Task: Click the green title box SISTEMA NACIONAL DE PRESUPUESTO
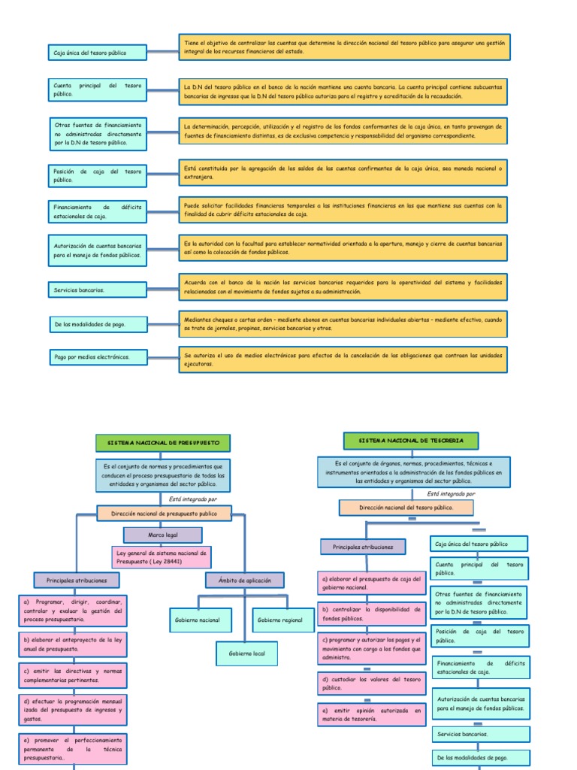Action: [x=162, y=443]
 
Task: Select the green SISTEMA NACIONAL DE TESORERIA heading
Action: [x=411, y=441]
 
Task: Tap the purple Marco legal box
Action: [x=163, y=535]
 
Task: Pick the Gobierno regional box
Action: [x=279, y=620]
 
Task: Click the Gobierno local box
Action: [x=246, y=653]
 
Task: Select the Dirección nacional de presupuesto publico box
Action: [x=164, y=513]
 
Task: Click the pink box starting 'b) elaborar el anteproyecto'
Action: [x=73, y=643]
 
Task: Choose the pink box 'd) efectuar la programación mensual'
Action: [x=73, y=709]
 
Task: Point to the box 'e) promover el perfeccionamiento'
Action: [x=73, y=750]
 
